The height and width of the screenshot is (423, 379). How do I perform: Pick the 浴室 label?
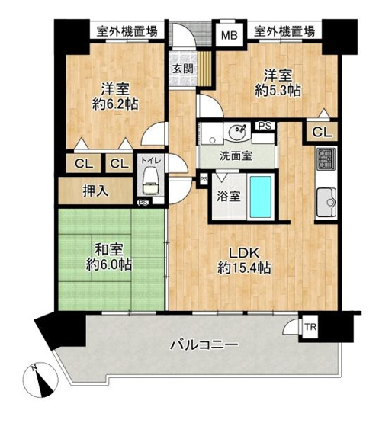[x=230, y=195]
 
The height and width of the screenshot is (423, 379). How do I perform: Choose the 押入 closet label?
[x=95, y=191]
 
